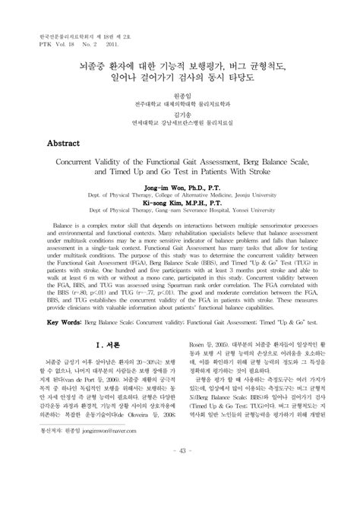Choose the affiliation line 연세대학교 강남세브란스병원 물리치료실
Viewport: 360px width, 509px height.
[179, 119]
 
